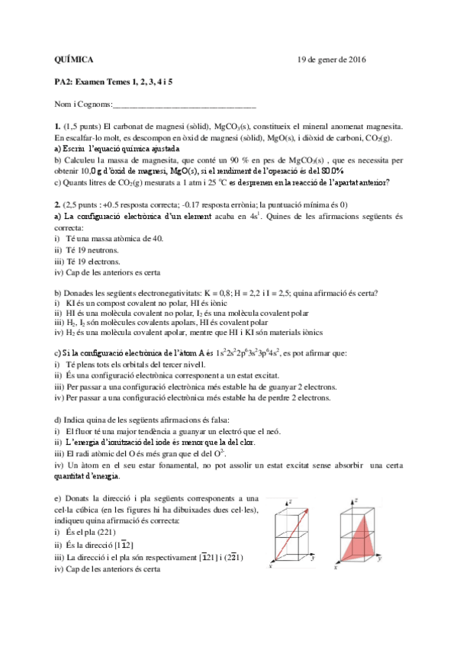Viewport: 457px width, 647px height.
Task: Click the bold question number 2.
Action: (x=57, y=204)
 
